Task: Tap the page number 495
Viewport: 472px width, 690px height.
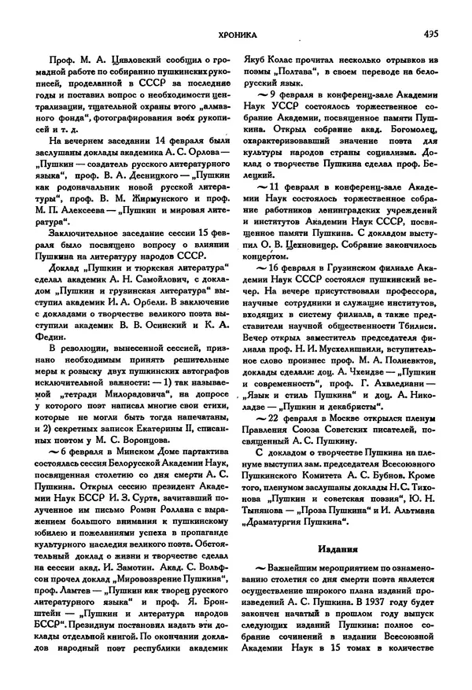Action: tap(430, 34)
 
